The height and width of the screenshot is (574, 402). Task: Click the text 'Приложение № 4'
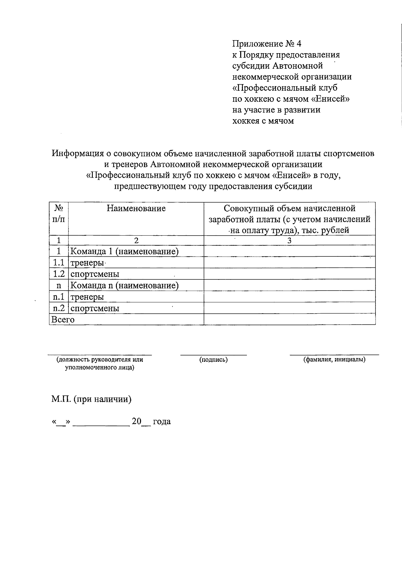267,44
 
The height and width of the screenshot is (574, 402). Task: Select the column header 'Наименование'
136,209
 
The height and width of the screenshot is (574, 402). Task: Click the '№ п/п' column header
59,214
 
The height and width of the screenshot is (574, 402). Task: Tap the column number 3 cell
289,241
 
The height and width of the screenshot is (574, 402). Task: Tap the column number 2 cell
136,241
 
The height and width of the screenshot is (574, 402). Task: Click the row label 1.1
59,263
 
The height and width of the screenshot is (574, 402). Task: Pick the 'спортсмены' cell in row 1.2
95,274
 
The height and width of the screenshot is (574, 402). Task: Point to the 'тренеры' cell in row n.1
87,297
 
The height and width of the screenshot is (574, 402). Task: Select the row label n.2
59,308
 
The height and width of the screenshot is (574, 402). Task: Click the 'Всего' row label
63,320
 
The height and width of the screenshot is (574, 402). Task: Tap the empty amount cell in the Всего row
289,319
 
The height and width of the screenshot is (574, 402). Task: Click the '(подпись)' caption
213,360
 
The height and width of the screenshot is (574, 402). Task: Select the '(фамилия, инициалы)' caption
334,360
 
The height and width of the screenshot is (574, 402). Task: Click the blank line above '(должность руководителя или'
99,353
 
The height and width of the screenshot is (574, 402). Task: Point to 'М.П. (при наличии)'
91,399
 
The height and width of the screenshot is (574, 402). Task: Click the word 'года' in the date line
162,422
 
